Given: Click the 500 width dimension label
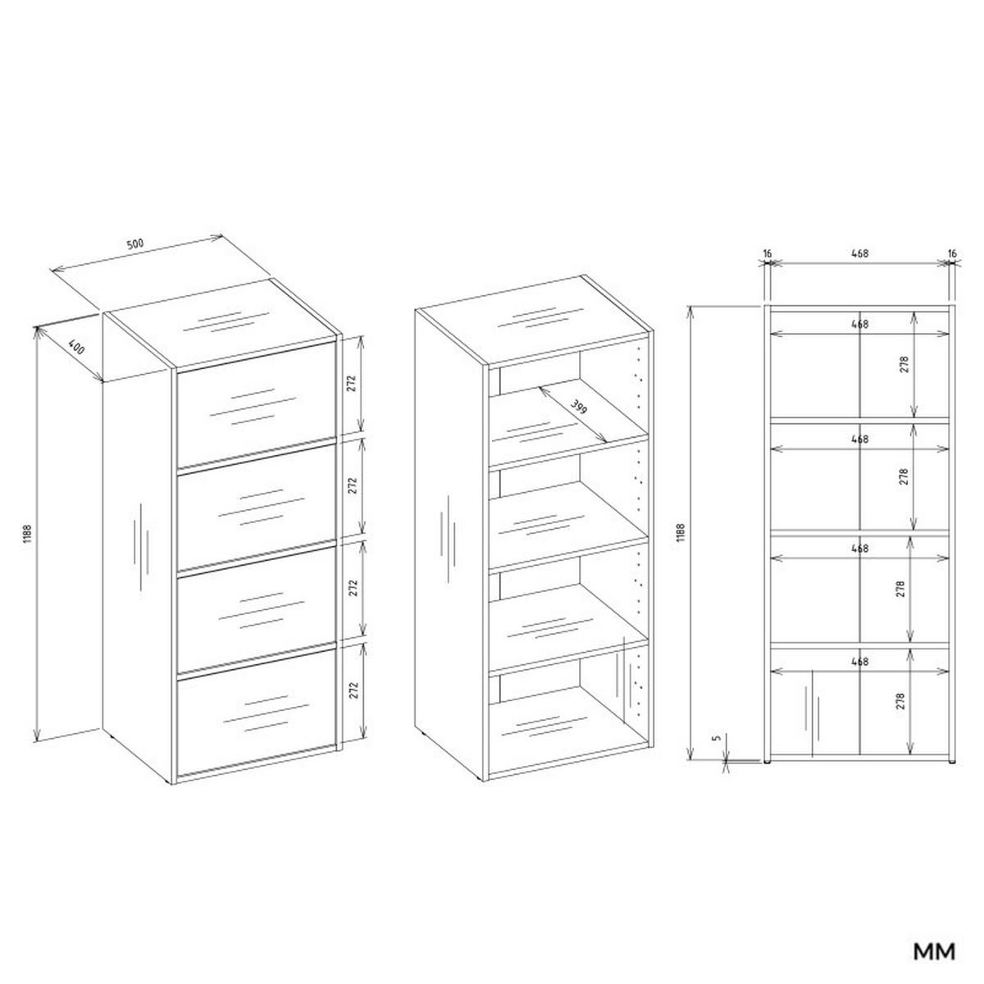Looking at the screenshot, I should (134, 244).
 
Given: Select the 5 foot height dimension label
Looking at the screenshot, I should (717, 739).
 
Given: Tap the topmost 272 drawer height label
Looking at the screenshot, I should (352, 385).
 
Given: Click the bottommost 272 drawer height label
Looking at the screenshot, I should (352, 690).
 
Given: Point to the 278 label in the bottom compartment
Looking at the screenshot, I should (901, 701).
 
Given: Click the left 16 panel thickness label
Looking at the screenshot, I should (767, 254).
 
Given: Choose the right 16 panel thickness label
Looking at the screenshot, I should (952, 254).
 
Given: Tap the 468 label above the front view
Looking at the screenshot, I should (859, 254).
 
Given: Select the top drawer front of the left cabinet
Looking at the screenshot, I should (255, 403).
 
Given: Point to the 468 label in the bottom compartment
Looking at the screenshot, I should (859, 661).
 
